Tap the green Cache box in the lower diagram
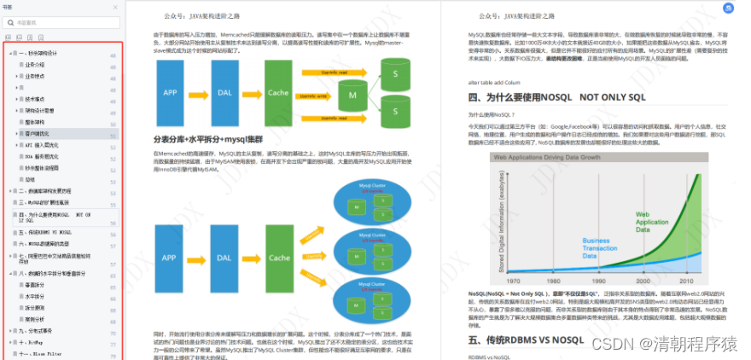click(x=277, y=257)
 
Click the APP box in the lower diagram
click(x=171, y=257)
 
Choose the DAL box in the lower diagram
click(x=224, y=257)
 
